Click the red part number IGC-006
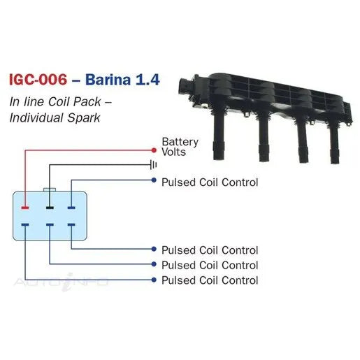(x=38, y=80)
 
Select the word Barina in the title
(x=108, y=80)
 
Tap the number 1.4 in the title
(x=147, y=80)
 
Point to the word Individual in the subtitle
(x=36, y=117)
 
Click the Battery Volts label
(x=180, y=147)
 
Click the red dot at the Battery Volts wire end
(x=154, y=150)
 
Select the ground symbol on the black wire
(x=154, y=165)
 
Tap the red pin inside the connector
(x=25, y=208)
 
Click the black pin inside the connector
(x=50, y=208)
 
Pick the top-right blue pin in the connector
(x=71, y=208)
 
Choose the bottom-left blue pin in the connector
(x=25, y=225)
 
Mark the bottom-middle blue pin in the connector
(x=50, y=225)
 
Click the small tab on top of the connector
(x=50, y=189)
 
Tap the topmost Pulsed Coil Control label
(x=210, y=182)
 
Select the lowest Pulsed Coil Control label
(x=210, y=280)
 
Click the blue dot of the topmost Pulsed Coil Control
(x=154, y=180)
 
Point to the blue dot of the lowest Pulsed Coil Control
(x=154, y=280)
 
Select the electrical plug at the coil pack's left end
(x=186, y=87)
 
